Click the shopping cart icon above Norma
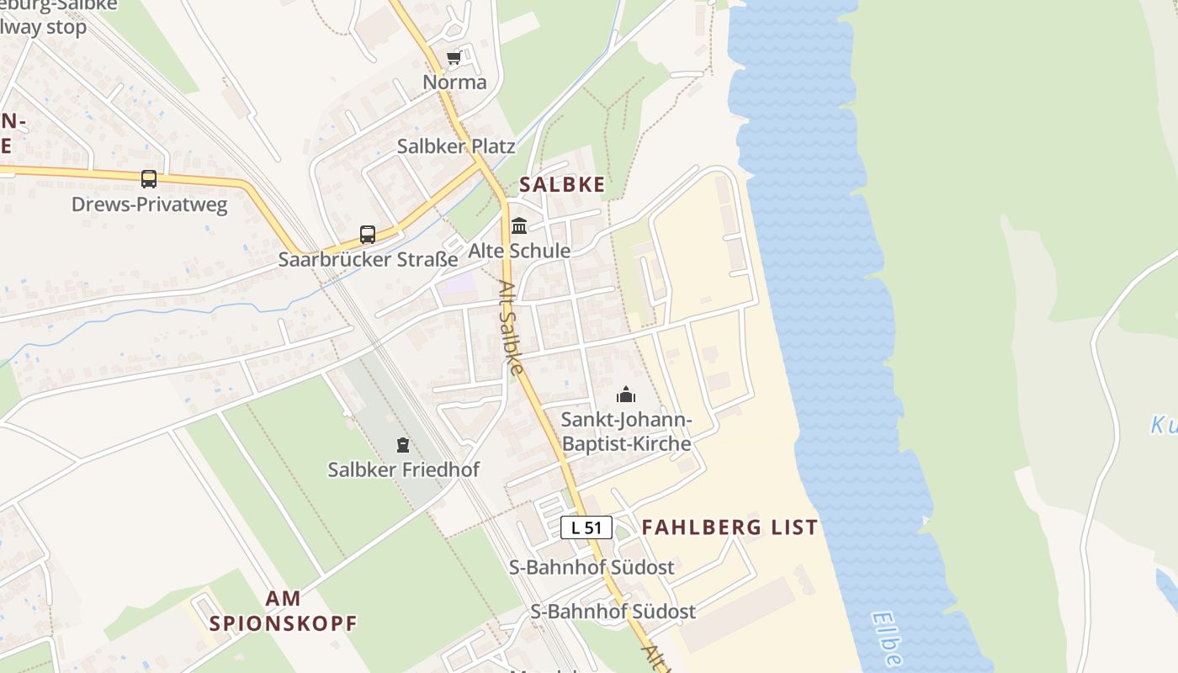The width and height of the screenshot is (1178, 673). (454, 58)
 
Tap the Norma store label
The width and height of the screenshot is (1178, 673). (454, 82)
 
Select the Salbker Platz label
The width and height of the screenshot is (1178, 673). (456, 146)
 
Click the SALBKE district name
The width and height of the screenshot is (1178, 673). (562, 184)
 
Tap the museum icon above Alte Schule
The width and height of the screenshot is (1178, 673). (519, 226)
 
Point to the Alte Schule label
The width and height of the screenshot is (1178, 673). (519, 251)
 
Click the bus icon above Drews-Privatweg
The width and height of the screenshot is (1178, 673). (149, 179)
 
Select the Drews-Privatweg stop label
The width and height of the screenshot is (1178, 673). (149, 204)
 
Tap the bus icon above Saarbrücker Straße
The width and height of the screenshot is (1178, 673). (368, 235)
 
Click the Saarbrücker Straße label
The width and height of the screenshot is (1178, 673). (368, 259)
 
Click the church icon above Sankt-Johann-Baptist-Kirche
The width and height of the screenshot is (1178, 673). (626, 395)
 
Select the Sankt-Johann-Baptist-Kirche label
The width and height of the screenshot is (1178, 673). (626, 432)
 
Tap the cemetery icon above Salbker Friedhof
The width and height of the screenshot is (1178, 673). (403, 445)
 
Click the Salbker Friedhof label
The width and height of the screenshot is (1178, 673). (403, 469)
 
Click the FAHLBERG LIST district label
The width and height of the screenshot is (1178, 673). (730, 527)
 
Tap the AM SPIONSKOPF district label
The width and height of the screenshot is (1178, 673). (283, 611)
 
